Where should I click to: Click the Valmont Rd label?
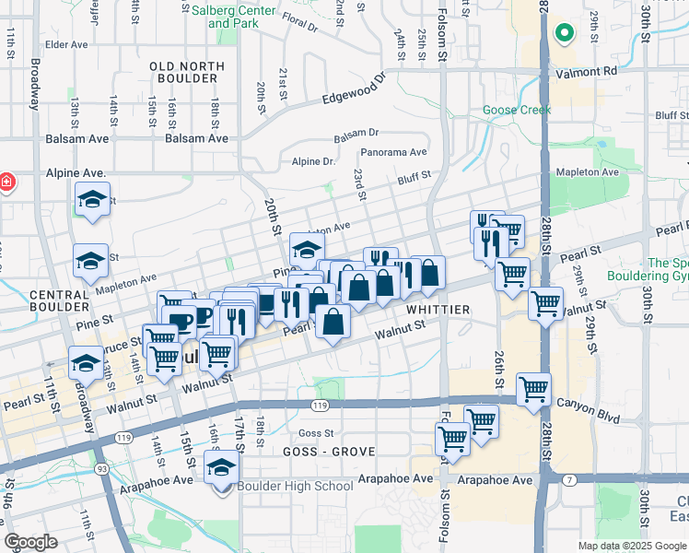click(x=585, y=70)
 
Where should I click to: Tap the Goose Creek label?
click(x=517, y=111)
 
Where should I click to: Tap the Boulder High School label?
click(x=295, y=486)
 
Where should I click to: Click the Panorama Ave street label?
click(x=393, y=152)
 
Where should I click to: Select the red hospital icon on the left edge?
click(x=6, y=182)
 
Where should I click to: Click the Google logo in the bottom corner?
click(x=30, y=542)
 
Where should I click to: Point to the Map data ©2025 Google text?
click(x=632, y=546)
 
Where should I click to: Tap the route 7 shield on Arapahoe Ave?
click(x=570, y=478)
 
